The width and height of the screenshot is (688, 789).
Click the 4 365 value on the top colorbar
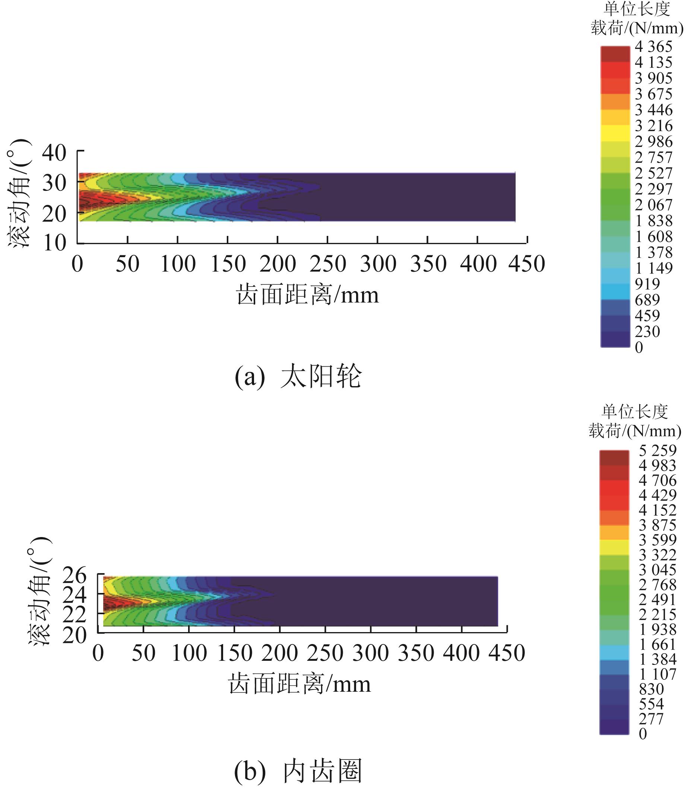pos(653,47)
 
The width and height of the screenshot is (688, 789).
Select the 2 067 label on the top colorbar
pos(653,205)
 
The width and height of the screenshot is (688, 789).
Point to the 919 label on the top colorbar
pos(647,284)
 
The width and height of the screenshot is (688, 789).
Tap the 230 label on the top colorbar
pos(647,331)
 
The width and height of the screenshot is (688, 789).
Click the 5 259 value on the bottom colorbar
pos(657,450)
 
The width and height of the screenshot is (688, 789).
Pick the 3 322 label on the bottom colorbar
pos(657,555)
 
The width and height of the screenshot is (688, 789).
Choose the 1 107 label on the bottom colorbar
pos(657,674)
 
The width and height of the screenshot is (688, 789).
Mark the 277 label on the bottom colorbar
pos(651,719)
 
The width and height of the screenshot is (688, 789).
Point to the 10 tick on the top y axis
pos(54,243)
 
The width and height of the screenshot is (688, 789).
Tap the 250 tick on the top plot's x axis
pos(327,264)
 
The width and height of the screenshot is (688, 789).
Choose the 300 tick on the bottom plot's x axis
pos(371,653)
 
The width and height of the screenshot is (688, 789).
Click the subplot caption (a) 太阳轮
pos(298,376)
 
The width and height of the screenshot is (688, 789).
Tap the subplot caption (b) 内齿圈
pos(298,771)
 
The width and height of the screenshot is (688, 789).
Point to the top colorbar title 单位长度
pos(637,9)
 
